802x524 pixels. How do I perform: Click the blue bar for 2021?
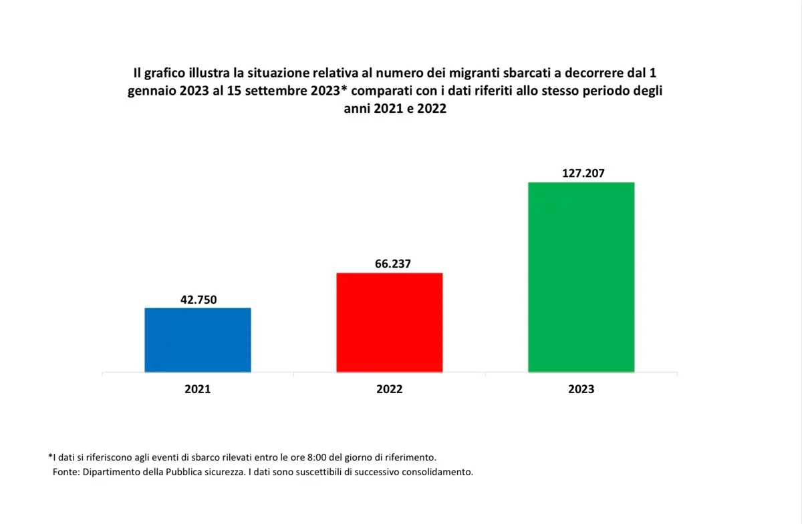pyautogui.click(x=198, y=340)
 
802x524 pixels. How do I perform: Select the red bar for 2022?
pyautogui.click(x=389, y=322)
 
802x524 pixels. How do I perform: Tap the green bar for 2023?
pyautogui.click(x=581, y=277)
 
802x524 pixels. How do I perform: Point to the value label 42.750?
pyautogui.click(x=198, y=300)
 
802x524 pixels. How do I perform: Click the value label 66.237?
pyautogui.click(x=392, y=264)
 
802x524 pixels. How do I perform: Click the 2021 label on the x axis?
pyautogui.click(x=198, y=389)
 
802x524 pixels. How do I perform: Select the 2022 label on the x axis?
pyautogui.click(x=389, y=389)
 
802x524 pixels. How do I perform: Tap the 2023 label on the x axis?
pyautogui.click(x=581, y=389)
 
